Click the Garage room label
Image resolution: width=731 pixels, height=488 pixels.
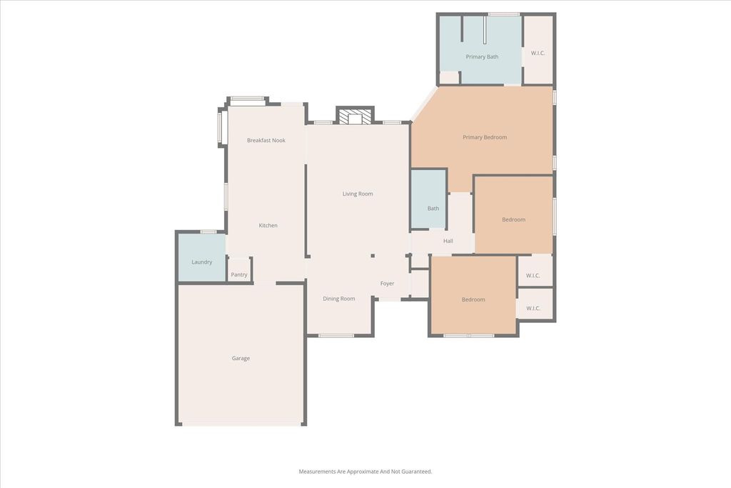click(241, 358)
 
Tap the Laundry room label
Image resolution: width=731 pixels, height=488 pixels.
click(202, 262)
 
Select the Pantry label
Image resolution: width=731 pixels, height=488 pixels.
click(239, 275)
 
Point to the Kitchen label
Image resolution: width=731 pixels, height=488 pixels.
click(268, 225)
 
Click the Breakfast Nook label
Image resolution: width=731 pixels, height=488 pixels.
click(266, 141)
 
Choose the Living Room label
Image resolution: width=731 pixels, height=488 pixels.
click(358, 194)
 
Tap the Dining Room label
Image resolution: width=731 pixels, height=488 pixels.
click(339, 299)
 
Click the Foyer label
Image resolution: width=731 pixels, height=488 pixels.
click(388, 284)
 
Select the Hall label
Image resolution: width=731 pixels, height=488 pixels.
click(448, 241)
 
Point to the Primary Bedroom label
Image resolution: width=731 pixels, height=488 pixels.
click(485, 137)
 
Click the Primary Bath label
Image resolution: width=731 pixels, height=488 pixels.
click(482, 57)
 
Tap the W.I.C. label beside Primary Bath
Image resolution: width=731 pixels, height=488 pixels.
click(538, 53)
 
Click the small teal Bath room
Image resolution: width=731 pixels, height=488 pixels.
click(429, 199)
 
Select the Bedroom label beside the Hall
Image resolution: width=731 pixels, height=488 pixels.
click(514, 220)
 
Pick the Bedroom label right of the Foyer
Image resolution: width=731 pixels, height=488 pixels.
click(473, 299)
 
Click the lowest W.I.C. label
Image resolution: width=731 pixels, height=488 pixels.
click(533, 309)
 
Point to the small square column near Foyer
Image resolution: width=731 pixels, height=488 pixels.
click(373, 256)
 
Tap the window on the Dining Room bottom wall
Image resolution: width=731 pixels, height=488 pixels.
click(336, 335)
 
